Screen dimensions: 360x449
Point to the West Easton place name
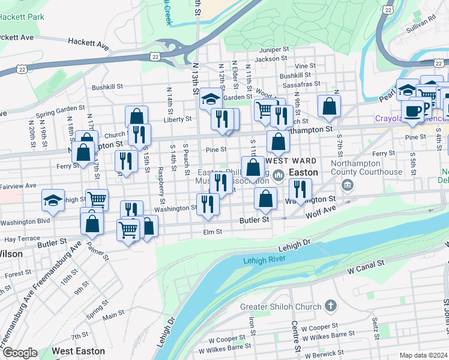(x=78, y=351)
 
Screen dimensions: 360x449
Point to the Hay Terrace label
(x=22, y=239)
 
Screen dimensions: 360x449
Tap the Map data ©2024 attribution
(x=423, y=355)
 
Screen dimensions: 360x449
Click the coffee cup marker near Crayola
(x=412, y=110)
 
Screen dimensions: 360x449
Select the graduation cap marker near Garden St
(x=211, y=98)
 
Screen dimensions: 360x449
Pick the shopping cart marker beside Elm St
(x=128, y=229)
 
